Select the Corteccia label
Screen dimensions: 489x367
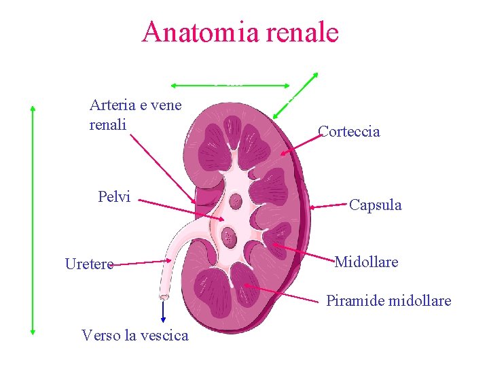pyautogui.click(x=348, y=132)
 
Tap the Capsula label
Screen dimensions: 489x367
pyautogui.click(x=375, y=205)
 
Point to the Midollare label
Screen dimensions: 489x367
pyautogui.click(x=366, y=262)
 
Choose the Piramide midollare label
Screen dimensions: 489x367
pyautogui.click(x=388, y=300)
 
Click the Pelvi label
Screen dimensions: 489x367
pyautogui.click(x=114, y=197)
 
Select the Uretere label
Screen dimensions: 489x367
pyautogui.click(x=89, y=264)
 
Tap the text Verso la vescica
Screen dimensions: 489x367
pyautogui.click(x=134, y=334)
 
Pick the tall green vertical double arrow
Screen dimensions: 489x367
pyautogui.click(x=33, y=218)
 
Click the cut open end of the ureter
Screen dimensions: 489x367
pyautogui.click(x=164, y=297)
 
